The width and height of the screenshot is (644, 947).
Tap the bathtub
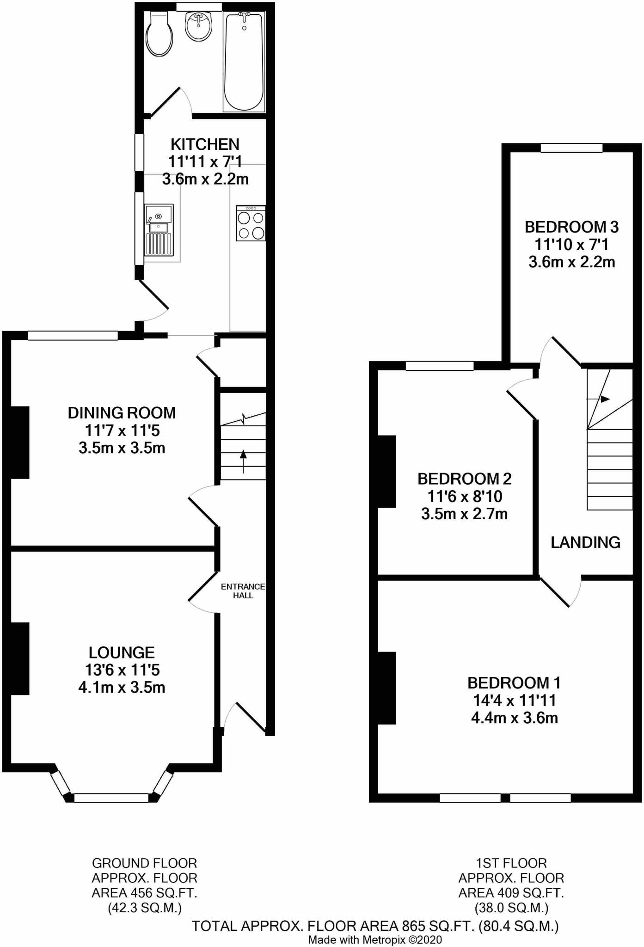(x=244, y=62)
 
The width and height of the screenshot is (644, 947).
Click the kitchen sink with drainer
(x=159, y=230)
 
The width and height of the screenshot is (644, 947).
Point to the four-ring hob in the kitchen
(x=251, y=224)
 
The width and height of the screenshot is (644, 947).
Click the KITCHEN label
(x=205, y=144)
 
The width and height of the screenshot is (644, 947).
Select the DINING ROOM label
(x=122, y=412)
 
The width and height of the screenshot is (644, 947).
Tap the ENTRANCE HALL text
(x=243, y=591)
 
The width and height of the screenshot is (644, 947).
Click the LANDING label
(x=585, y=542)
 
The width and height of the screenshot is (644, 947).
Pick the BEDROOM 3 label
(x=571, y=227)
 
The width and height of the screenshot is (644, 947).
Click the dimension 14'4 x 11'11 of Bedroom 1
(x=514, y=700)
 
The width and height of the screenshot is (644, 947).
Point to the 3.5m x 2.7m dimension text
(x=464, y=514)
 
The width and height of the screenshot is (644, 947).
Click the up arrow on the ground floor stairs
(x=243, y=461)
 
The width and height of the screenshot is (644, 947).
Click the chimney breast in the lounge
(x=19, y=658)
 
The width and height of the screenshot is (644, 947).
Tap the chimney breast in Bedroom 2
(x=387, y=471)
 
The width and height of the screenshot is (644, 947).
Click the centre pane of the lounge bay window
(x=111, y=798)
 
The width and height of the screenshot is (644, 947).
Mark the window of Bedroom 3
(x=571, y=148)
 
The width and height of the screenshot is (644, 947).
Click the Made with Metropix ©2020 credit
(x=375, y=940)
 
